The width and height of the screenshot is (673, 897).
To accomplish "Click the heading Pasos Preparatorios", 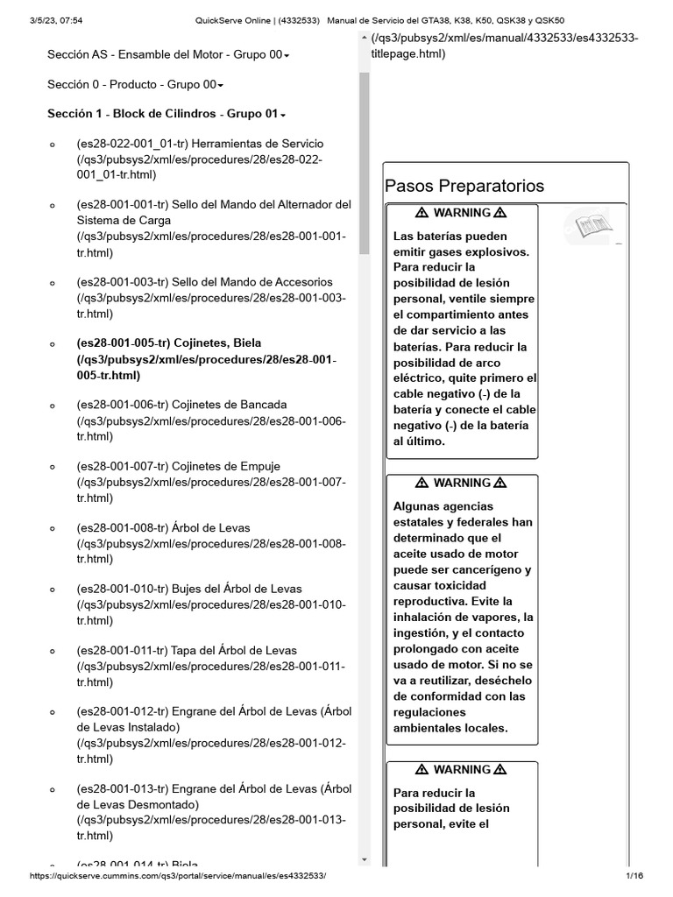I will (464, 186).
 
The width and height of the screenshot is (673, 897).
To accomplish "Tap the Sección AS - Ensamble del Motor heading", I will (166, 54).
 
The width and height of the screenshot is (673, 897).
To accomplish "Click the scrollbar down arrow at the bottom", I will (365, 859).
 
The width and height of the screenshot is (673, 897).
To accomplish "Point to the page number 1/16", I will (634, 876).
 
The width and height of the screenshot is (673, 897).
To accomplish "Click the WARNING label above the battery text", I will (462, 213).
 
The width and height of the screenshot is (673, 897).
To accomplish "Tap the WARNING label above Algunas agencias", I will (462, 483).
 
